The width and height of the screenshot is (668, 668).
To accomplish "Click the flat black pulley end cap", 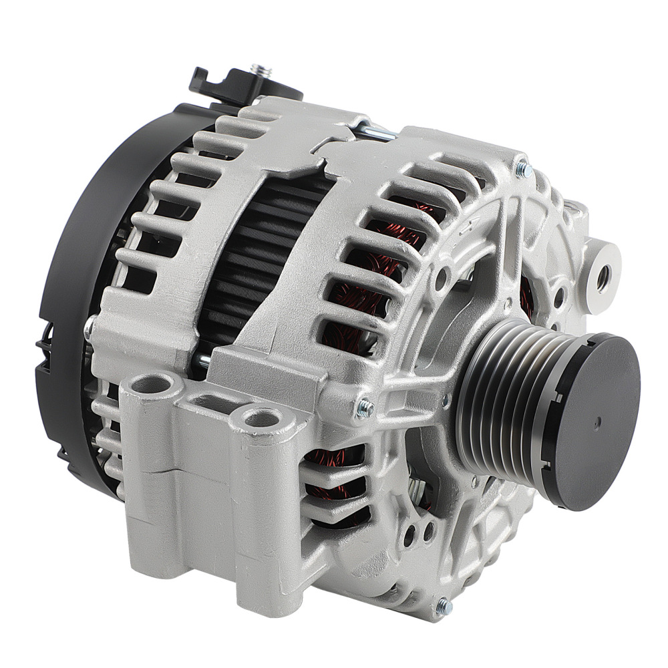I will tap(595, 421).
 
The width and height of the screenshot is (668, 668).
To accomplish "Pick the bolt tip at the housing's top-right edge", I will tap(524, 170).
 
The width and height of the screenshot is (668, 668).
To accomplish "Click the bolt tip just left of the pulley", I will tap(363, 409).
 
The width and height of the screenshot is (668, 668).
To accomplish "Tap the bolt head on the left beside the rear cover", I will tap(89, 329).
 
